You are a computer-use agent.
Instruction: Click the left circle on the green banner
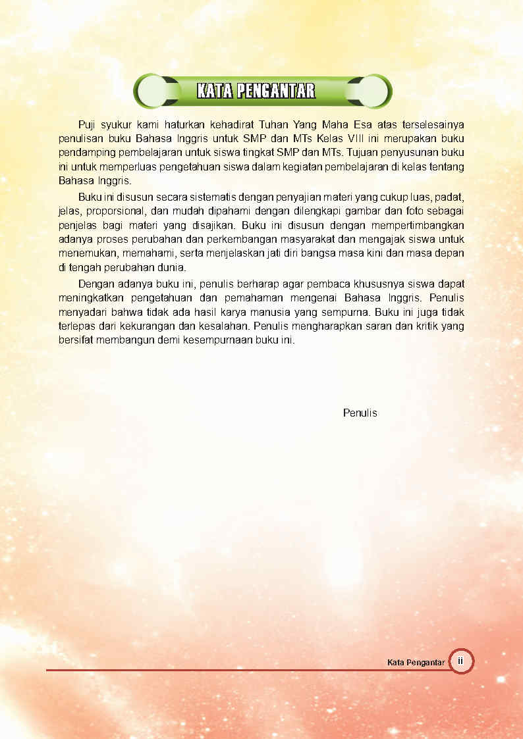pos(153,91)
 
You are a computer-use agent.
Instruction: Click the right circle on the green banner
pos(372,91)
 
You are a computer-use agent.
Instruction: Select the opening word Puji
pos(88,124)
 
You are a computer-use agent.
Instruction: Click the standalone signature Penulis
pos(360,413)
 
